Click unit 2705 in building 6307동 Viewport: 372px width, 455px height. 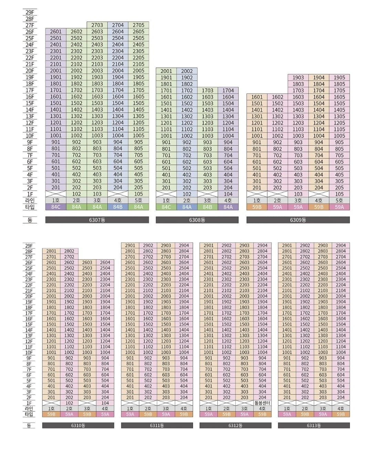click(138, 25)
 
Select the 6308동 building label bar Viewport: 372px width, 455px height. click(197, 220)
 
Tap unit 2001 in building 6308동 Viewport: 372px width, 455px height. click(166, 71)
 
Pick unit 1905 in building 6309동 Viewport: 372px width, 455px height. click(339, 77)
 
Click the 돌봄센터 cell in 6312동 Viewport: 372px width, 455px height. click(262, 403)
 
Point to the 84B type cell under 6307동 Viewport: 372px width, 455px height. click(118, 207)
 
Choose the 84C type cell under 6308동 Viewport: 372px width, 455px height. click(166, 207)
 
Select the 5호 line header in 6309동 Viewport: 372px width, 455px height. click(339, 201)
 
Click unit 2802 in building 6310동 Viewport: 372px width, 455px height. click(69, 251)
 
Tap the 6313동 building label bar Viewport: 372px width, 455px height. click(314, 425)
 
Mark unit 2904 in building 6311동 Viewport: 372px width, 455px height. click(184, 246)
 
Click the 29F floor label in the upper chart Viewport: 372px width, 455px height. click(30, 12)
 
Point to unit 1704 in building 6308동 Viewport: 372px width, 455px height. click(228, 90)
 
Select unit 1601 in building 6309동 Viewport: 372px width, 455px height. click(257, 97)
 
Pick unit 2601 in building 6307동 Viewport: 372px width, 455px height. click(56, 32)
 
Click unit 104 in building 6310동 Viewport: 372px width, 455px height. click(105, 403)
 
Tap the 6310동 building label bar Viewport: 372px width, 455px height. click(78, 425)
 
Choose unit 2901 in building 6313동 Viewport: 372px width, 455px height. click(287, 246)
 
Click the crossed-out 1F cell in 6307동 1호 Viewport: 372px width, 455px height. click(56, 194)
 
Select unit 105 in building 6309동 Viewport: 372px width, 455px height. click(339, 194)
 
